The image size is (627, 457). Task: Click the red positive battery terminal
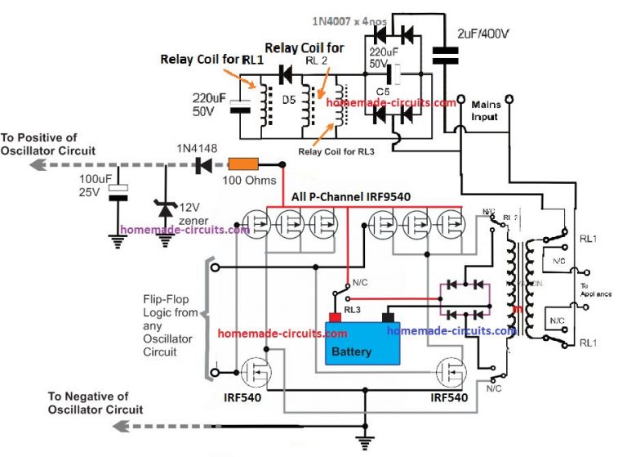pyautogui.click(x=334, y=317)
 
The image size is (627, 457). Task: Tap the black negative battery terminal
pyautogui.click(x=389, y=316)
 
